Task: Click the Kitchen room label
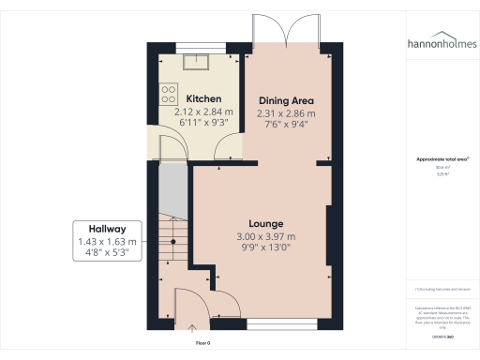pos(203,98)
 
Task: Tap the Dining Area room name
pos(285,100)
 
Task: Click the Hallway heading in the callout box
pos(107,229)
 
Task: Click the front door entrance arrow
pos(193,328)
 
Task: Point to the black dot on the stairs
pos(172,241)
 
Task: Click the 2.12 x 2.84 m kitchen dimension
pos(203,112)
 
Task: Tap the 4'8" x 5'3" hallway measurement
pos(107,252)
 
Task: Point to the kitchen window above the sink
pos(198,48)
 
